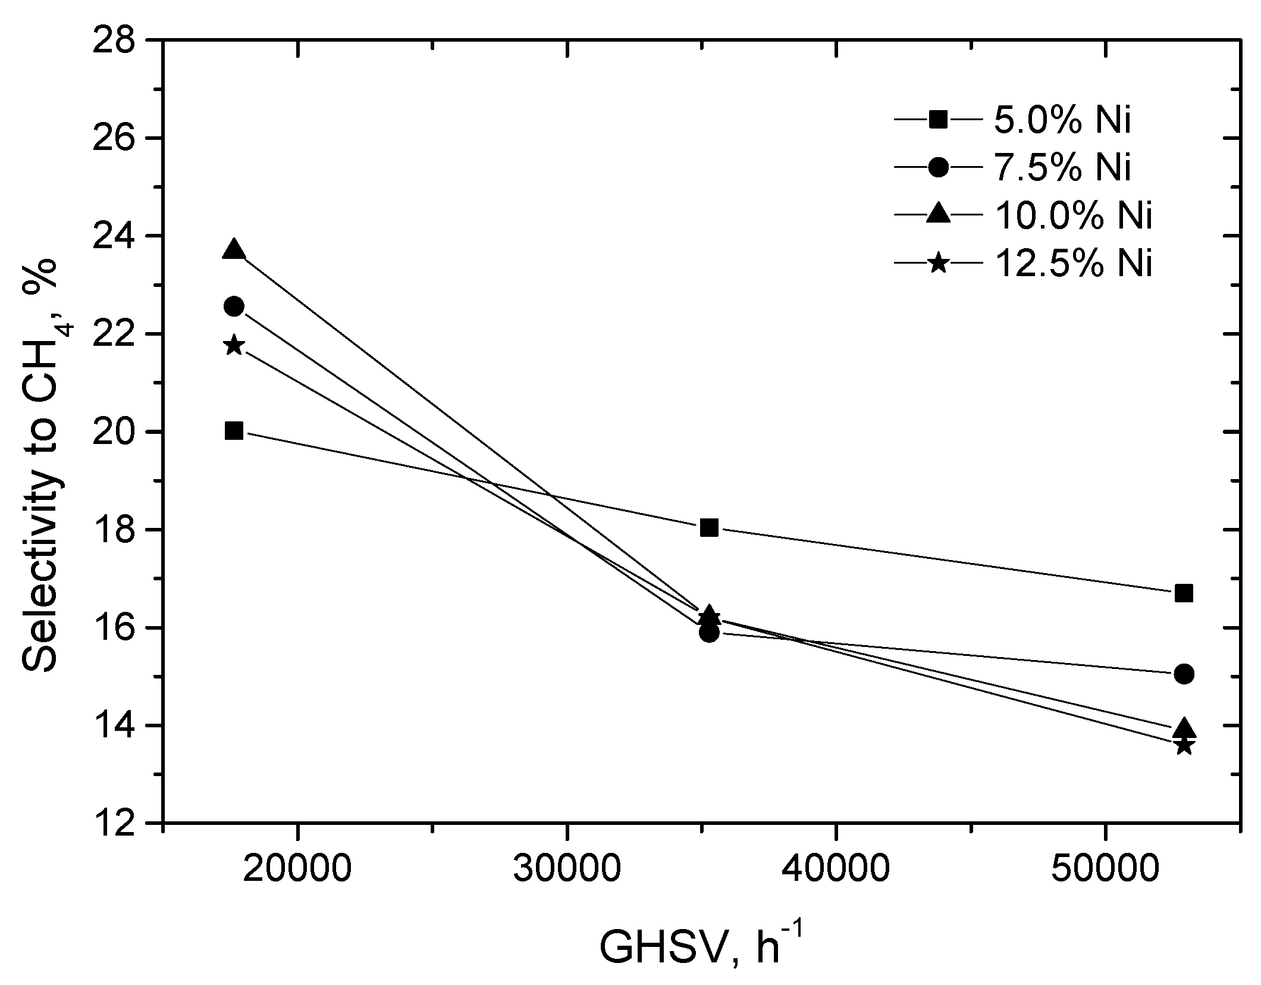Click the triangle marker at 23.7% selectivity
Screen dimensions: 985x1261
[x=234, y=250]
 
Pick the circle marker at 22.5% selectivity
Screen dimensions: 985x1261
[x=234, y=307]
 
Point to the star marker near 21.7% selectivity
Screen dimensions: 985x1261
[x=234, y=346]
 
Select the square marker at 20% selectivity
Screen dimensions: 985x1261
[x=234, y=431]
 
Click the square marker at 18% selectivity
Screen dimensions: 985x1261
[x=709, y=527]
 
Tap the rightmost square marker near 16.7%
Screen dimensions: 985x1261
[x=1184, y=593]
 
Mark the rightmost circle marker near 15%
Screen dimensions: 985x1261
[x=1184, y=674]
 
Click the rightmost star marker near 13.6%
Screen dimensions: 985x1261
[x=1184, y=746]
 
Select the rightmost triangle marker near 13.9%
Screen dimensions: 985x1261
[x=1184, y=728]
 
